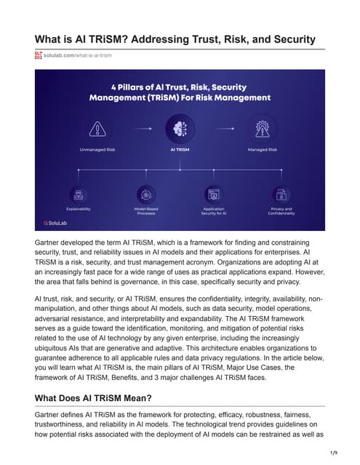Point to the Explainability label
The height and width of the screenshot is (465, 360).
(x=78, y=209)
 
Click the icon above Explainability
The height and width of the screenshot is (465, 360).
(x=78, y=194)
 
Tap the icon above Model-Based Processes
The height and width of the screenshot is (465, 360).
(x=146, y=194)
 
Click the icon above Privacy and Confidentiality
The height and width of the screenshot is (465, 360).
(x=280, y=194)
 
